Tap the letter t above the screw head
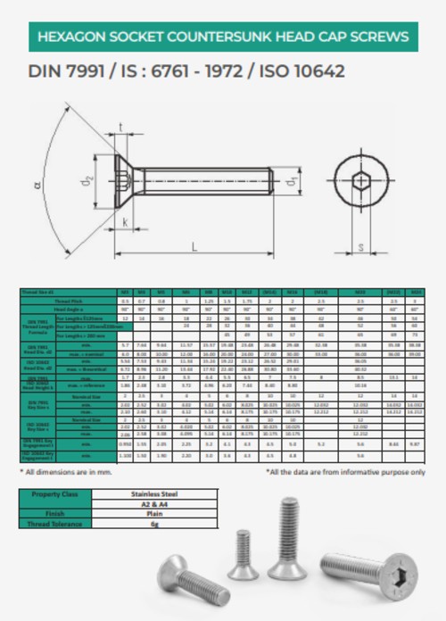[x=122, y=127]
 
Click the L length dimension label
[x=194, y=247]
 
